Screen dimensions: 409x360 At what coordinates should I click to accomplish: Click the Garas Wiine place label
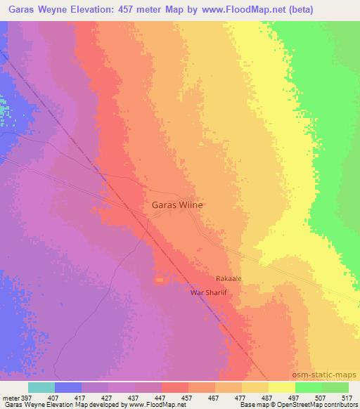tap(177, 205)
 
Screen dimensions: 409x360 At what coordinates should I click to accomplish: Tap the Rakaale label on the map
tap(229, 278)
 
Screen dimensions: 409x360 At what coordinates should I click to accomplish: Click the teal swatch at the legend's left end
tap(41, 387)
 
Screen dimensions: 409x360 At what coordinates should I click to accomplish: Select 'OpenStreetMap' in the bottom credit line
tap(295, 405)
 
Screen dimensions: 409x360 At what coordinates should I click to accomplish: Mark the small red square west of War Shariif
tap(159, 280)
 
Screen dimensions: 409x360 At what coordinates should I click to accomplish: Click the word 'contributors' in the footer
tap(337, 405)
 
